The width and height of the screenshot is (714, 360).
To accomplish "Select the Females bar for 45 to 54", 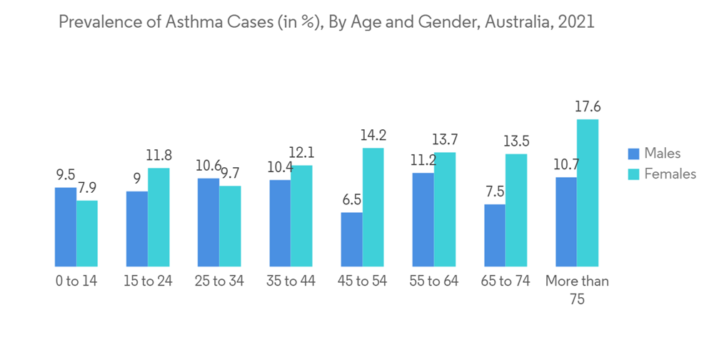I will click(x=373, y=207).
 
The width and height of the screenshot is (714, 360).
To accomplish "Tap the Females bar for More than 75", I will click(x=587, y=193).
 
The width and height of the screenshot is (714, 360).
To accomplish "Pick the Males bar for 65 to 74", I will click(x=494, y=236).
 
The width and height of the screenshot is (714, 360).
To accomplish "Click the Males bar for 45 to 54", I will click(x=351, y=239).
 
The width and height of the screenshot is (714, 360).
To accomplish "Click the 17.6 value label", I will click(x=587, y=107).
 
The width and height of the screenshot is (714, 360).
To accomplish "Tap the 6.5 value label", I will click(x=351, y=200).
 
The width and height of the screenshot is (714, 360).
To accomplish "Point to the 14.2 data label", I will click(x=373, y=136).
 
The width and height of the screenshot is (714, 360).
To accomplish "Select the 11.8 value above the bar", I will click(x=159, y=156).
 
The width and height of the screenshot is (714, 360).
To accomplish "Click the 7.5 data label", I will click(x=494, y=192).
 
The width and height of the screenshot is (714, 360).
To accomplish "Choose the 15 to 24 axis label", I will click(x=148, y=281).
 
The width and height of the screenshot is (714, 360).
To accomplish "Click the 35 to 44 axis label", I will click(x=291, y=281).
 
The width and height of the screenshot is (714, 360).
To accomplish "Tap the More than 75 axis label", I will click(x=577, y=290).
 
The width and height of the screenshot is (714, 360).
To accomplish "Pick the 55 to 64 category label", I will click(x=433, y=281).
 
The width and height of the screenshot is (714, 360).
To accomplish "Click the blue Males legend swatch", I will click(x=633, y=154).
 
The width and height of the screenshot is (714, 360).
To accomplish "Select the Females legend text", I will click(x=670, y=174).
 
